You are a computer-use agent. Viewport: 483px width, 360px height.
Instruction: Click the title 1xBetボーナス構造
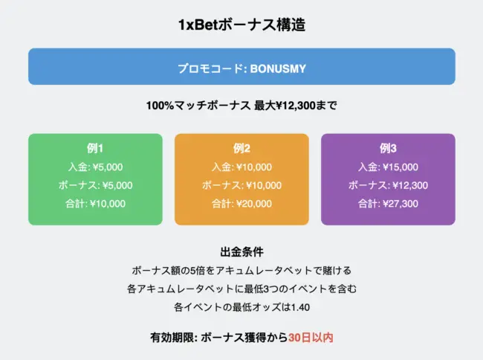coord(241,25)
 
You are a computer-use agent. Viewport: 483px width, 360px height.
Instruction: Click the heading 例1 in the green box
coord(95,147)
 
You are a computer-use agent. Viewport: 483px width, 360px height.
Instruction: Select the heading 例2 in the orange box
coord(241,147)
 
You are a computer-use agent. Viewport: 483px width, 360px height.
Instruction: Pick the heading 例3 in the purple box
coord(388,147)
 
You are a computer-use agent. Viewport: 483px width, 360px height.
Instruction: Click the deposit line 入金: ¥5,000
coord(95,167)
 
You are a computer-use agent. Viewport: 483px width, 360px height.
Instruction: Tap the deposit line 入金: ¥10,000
coord(241,167)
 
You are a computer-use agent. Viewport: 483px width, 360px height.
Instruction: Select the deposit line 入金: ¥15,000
coord(388,167)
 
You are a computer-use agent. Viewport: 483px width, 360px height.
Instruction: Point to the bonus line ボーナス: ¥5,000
coord(95,185)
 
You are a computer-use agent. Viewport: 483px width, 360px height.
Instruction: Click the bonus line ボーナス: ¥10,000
coord(241,185)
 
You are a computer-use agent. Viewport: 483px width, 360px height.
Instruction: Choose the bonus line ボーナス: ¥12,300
coord(388,185)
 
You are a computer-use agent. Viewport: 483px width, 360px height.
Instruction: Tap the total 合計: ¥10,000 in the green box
coord(95,203)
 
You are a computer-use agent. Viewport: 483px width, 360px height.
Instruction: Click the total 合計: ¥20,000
coord(241,203)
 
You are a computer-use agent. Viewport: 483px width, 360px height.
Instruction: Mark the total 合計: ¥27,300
coord(388,203)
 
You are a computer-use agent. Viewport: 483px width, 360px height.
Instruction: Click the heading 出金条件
coord(241,252)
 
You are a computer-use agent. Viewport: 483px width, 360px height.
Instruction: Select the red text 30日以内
coord(311,338)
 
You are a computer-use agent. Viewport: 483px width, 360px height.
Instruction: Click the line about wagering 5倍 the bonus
coord(241,270)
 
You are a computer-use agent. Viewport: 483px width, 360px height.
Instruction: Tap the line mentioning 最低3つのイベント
coord(241,289)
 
